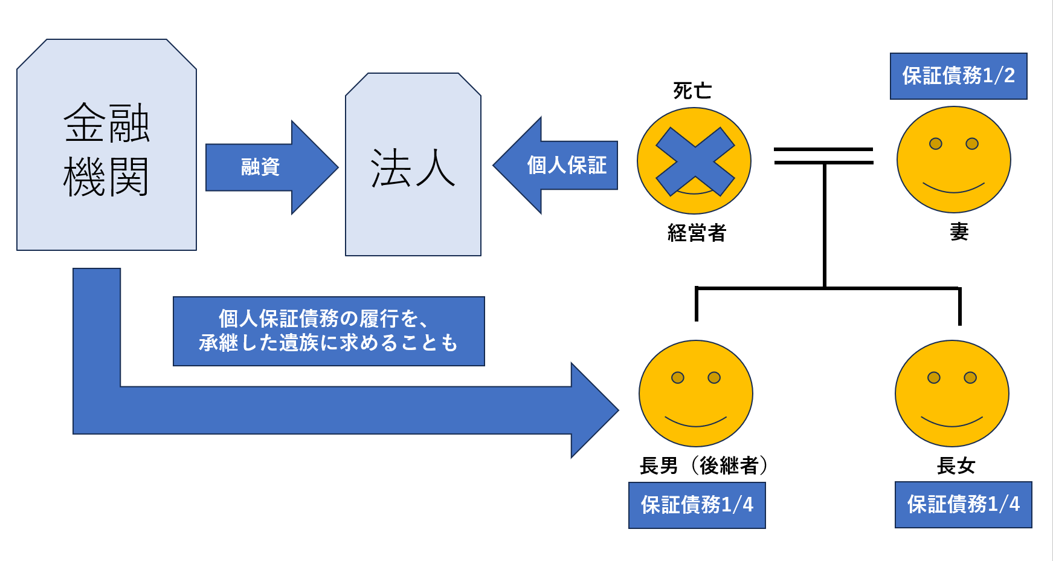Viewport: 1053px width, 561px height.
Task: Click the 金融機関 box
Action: [106, 145]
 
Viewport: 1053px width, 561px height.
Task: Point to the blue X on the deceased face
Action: [695, 161]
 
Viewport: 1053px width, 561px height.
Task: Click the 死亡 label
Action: [692, 91]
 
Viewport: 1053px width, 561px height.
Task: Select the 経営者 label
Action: [697, 233]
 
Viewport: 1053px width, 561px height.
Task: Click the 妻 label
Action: [959, 232]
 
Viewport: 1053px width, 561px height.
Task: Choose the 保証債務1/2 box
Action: [958, 76]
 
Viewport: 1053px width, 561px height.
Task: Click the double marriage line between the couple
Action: [823, 156]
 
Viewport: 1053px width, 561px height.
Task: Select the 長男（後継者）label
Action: [703, 465]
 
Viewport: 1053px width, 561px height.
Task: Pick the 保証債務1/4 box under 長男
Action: [697, 505]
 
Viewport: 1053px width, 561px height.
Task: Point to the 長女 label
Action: [956, 465]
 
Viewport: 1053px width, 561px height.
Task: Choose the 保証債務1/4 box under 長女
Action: [963, 504]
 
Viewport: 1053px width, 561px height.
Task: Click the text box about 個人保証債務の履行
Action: [329, 331]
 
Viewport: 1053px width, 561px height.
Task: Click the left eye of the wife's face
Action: [935, 144]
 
